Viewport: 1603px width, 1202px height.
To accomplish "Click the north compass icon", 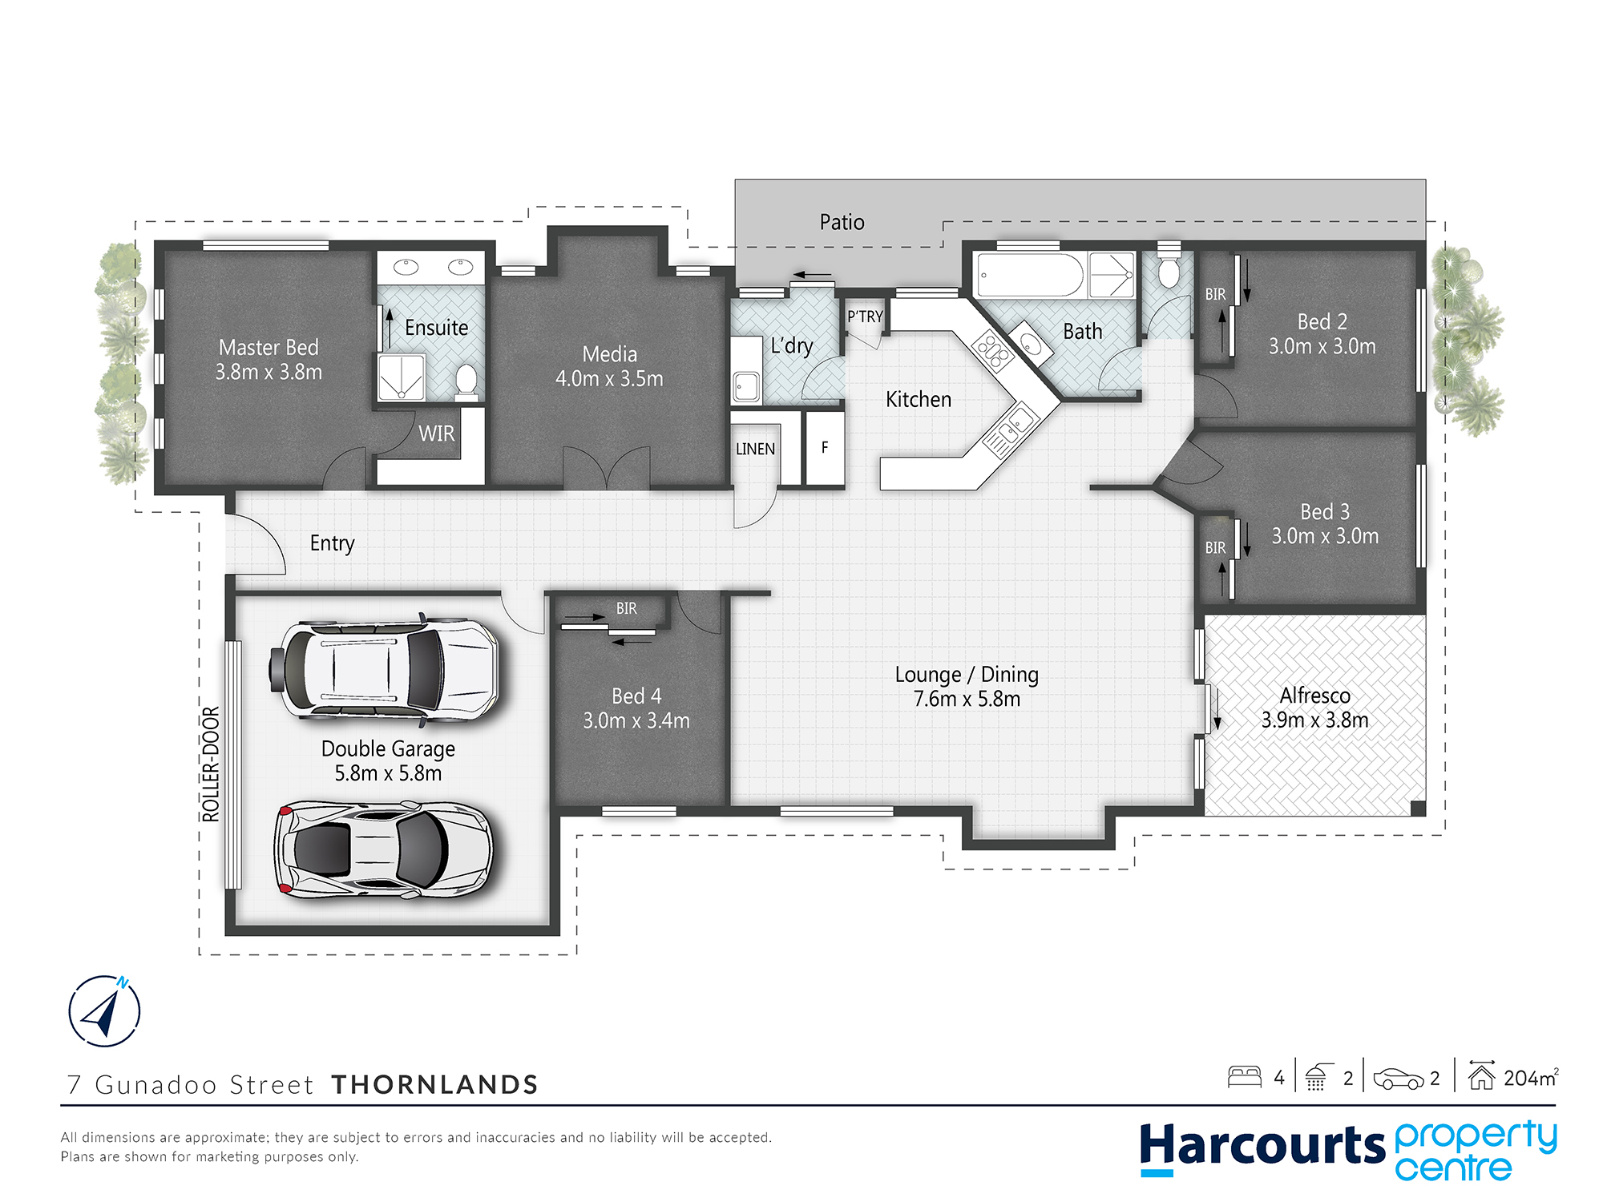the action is [x=104, y=1010].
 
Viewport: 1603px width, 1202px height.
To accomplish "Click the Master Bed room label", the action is [x=269, y=347].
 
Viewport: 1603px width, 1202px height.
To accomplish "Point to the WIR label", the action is [x=436, y=434].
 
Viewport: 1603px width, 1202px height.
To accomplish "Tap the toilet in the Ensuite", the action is [x=466, y=381].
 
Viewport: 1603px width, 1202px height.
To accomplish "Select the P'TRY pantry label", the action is [x=865, y=317].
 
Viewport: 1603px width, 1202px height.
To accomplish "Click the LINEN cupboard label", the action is [x=755, y=449].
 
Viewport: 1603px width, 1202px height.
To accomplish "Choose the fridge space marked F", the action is [x=825, y=448].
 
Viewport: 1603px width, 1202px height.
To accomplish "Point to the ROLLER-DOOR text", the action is [x=210, y=764].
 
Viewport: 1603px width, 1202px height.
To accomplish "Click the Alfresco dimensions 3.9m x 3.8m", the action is [x=1314, y=720].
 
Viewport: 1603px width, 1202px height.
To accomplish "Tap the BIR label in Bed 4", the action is [x=627, y=608].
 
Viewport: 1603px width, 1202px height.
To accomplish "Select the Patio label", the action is [x=842, y=222].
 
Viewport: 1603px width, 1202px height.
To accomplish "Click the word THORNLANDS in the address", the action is [x=434, y=1084].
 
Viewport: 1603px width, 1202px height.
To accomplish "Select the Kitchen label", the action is [x=919, y=399].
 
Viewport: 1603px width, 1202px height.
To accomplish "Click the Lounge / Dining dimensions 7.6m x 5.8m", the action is [x=967, y=699].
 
